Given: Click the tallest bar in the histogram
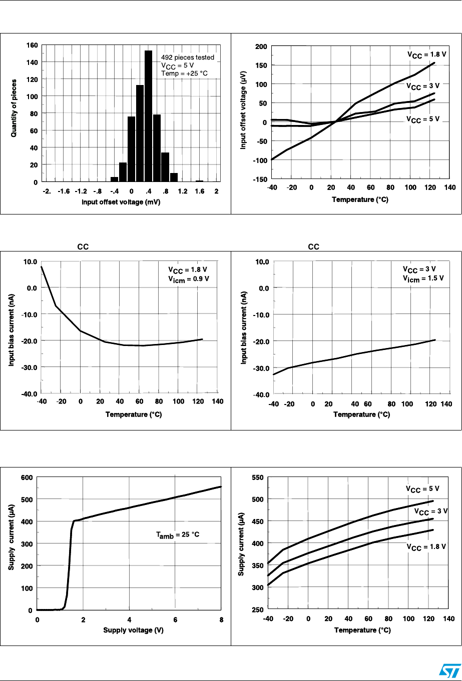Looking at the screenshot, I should point(148,116).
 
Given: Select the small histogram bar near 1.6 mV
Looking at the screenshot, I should point(199,180).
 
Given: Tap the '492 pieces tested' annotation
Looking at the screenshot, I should point(188,57).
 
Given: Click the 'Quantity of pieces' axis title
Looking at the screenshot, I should point(15,108).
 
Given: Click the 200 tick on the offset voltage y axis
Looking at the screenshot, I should point(260,46).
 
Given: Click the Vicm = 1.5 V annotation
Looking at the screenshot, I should point(415,278).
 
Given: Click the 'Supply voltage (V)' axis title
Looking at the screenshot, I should point(129,629).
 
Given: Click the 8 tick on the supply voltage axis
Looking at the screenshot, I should point(221,620).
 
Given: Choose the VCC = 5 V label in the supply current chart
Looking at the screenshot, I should point(422,488).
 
